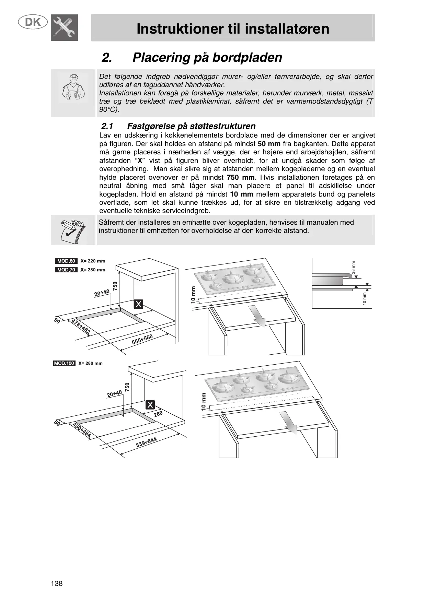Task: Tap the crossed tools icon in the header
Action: pyautogui.click(x=64, y=27)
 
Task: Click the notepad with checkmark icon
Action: pyautogui.click(x=72, y=230)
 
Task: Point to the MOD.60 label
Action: pyautogui.click(x=66, y=261)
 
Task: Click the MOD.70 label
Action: pyautogui.click(x=66, y=270)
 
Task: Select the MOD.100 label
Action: pyautogui.click(x=64, y=363)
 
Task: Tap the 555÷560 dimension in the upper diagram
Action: pyautogui.click(x=142, y=340)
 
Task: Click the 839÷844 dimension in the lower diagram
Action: pyautogui.click(x=146, y=442)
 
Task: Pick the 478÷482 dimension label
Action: pyautogui.click(x=81, y=327)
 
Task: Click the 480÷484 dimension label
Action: pyautogui.click(x=82, y=430)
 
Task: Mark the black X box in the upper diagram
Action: pyautogui.click(x=138, y=304)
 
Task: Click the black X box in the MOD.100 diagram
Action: pyautogui.click(x=150, y=405)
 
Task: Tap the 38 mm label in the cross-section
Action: pyautogui.click(x=354, y=268)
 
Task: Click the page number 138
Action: pyautogui.click(x=57, y=583)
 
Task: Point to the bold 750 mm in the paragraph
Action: pyautogui.click(x=241, y=177)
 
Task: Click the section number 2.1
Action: pyautogui.click(x=107, y=126)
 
